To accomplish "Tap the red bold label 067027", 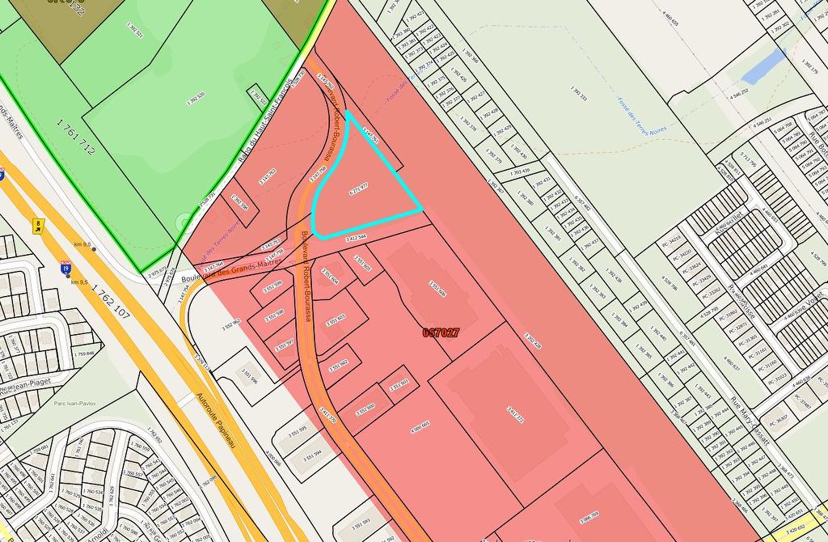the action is tap(441, 332).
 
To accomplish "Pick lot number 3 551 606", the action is tap(437, 289).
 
